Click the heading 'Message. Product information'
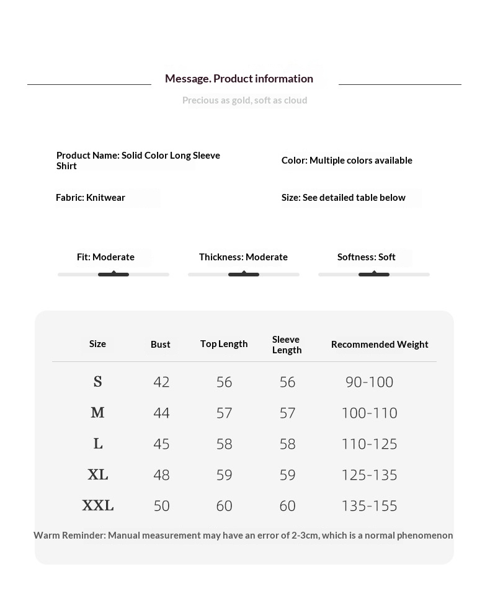click(x=239, y=79)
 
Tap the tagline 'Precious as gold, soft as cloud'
click(x=244, y=100)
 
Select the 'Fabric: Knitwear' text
click(x=91, y=198)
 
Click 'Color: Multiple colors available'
click(x=347, y=161)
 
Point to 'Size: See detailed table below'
click(x=343, y=198)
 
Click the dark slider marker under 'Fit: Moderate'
click(x=114, y=274)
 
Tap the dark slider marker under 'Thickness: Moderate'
click(x=244, y=274)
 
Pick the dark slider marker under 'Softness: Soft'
click(x=374, y=274)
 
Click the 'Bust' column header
click(x=160, y=345)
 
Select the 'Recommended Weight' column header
click(x=380, y=345)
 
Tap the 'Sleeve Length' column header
click(x=287, y=345)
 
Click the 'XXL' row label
click(x=98, y=506)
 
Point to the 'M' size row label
click(x=97, y=413)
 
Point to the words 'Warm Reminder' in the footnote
click(x=69, y=535)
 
